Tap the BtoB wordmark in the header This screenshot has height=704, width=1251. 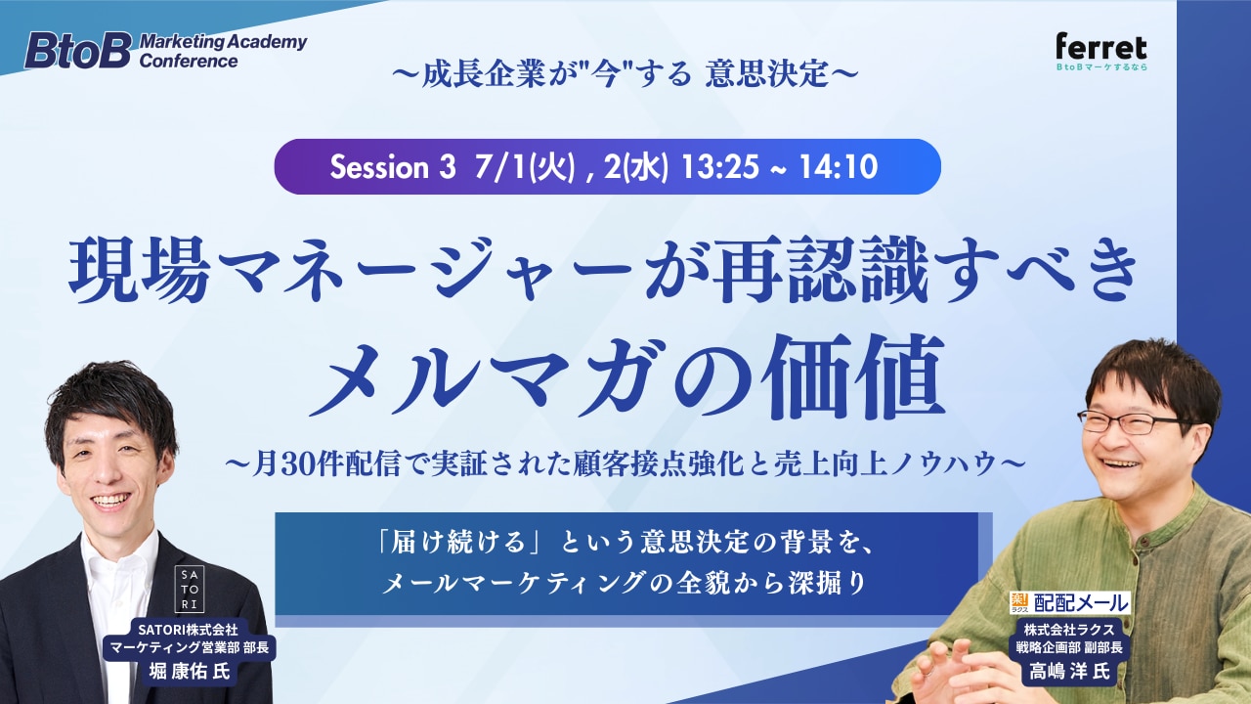click(x=78, y=50)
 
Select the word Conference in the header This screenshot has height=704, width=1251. click(x=189, y=61)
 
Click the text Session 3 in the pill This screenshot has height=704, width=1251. click(x=393, y=166)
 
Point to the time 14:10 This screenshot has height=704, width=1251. click(x=838, y=166)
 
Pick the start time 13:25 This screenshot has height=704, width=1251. click(x=720, y=166)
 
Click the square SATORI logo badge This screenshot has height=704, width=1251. click(x=190, y=589)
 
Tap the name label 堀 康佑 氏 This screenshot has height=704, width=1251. click(x=190, y=671)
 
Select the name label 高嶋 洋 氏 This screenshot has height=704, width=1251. click(x=1069, y=671)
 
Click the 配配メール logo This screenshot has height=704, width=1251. click(x=1069, y=603)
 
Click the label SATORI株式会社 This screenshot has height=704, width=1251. click(x=189, y=630)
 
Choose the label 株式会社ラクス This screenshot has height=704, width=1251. click(x=1069, y=630)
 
